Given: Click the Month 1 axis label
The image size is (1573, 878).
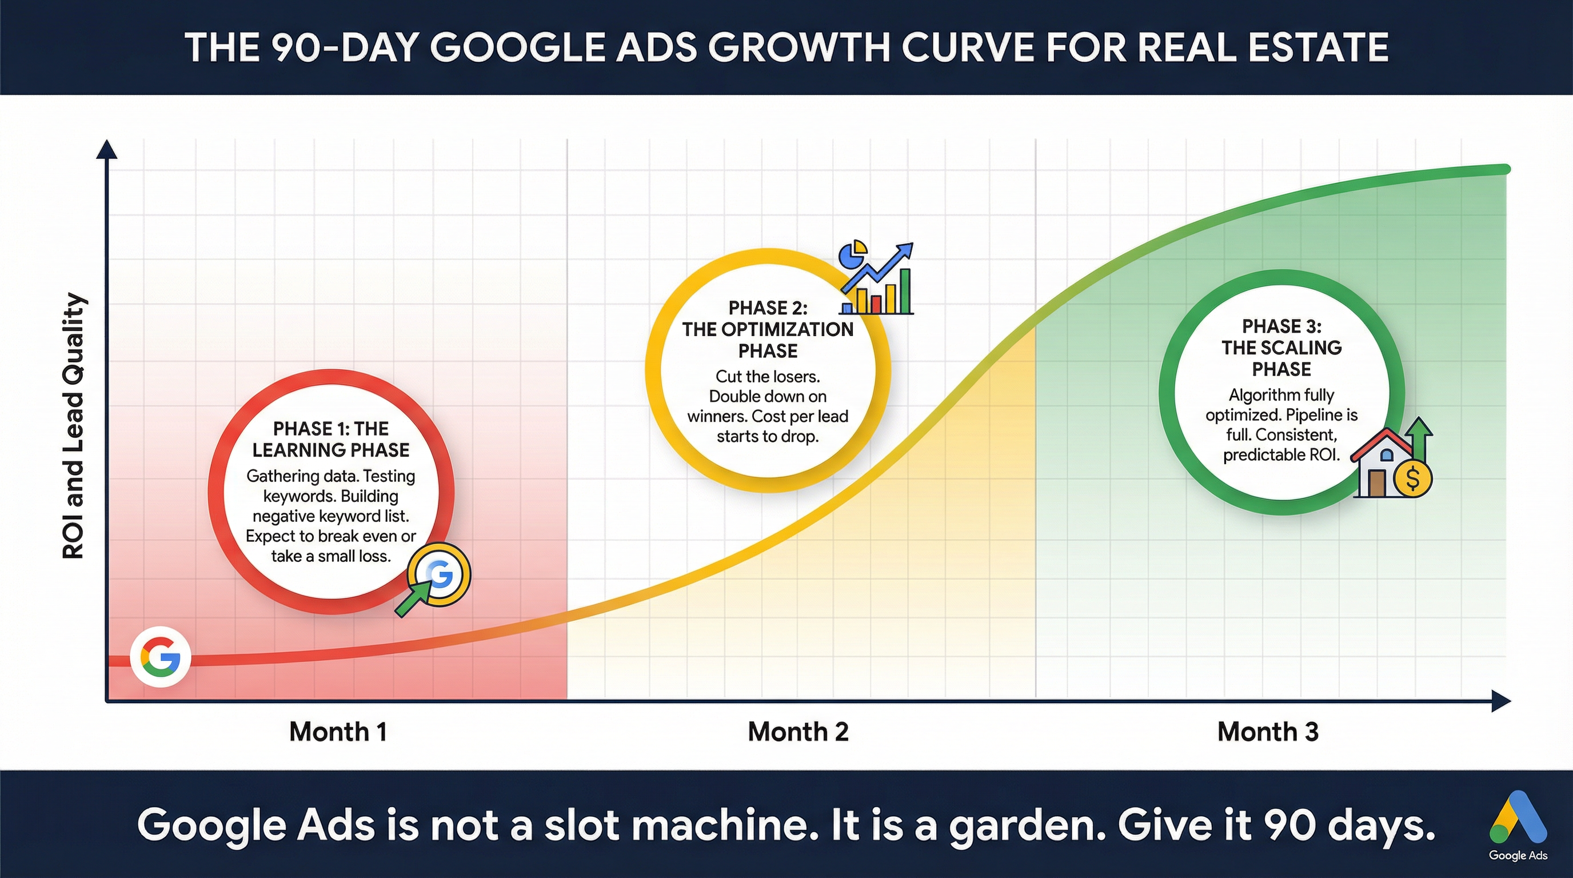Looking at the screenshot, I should [x=338, y=732].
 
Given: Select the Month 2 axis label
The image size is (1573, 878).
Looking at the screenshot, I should [x=798, y=732].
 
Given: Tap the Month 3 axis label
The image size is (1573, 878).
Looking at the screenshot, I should [x=1268, y=732].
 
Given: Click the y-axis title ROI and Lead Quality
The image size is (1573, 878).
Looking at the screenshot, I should [x=74, y=426].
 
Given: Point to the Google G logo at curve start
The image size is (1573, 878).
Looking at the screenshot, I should [x=161, y=657].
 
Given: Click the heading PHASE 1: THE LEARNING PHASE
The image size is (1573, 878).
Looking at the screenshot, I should [x=330, y=439].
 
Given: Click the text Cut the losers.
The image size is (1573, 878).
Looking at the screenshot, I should [x=768, y=376].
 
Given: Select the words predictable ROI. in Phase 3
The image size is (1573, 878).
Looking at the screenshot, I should [x=1281, y=455].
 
